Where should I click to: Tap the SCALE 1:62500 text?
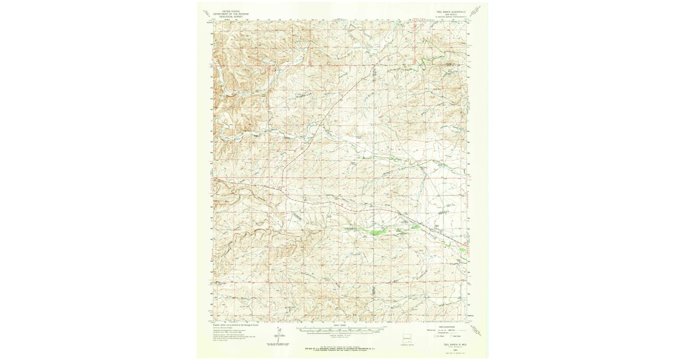pos(340,325)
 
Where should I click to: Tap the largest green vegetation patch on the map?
pos(374,231)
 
